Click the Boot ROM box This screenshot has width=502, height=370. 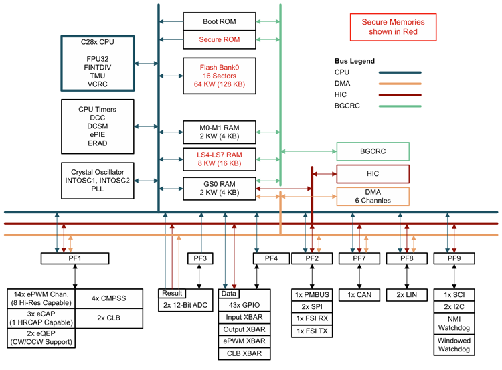coord(220,22)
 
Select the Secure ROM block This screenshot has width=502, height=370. coord(220,40)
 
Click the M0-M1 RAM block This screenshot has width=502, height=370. coord(220,129)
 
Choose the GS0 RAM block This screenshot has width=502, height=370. coord(220,187)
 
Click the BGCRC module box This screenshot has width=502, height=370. coord(373,151)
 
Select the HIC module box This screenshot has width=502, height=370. coord(373,173)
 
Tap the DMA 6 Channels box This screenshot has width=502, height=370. coord(373,196)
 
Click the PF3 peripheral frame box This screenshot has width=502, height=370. coord(200,258)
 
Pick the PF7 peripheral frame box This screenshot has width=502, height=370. coord(359,258)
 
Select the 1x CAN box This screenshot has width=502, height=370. coord(359,294)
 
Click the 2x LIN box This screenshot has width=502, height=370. coord(406,294)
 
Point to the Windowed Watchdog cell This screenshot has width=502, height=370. coord(455,345)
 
